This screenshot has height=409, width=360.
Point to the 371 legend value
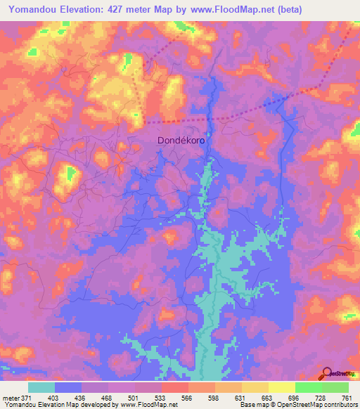[27, 398]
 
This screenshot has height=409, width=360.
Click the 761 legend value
[346, 398]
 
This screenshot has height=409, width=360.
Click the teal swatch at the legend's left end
[41, 387]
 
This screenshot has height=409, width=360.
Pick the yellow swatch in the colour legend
[281, 387]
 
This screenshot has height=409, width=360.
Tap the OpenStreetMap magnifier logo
[327, 373]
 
